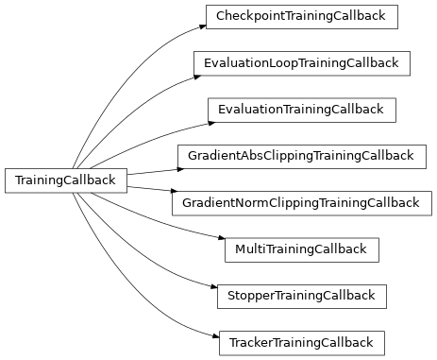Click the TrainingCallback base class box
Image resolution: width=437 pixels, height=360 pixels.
66,180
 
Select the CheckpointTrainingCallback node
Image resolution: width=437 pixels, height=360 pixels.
301,17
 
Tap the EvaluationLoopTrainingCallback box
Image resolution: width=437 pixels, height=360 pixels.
301,63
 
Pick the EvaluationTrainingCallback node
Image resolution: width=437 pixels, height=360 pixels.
301,110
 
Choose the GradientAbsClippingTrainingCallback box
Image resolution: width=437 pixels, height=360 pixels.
301,156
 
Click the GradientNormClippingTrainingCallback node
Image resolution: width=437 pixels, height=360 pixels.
301,202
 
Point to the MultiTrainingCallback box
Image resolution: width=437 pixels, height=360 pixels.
301,249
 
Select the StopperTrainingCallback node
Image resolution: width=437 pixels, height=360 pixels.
301,296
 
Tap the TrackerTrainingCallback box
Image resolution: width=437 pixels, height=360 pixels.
301,342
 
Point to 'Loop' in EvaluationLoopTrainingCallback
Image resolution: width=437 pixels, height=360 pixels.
283,63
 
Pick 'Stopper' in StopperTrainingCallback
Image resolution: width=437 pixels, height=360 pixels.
251,296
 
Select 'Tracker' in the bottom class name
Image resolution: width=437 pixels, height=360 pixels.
250,342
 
